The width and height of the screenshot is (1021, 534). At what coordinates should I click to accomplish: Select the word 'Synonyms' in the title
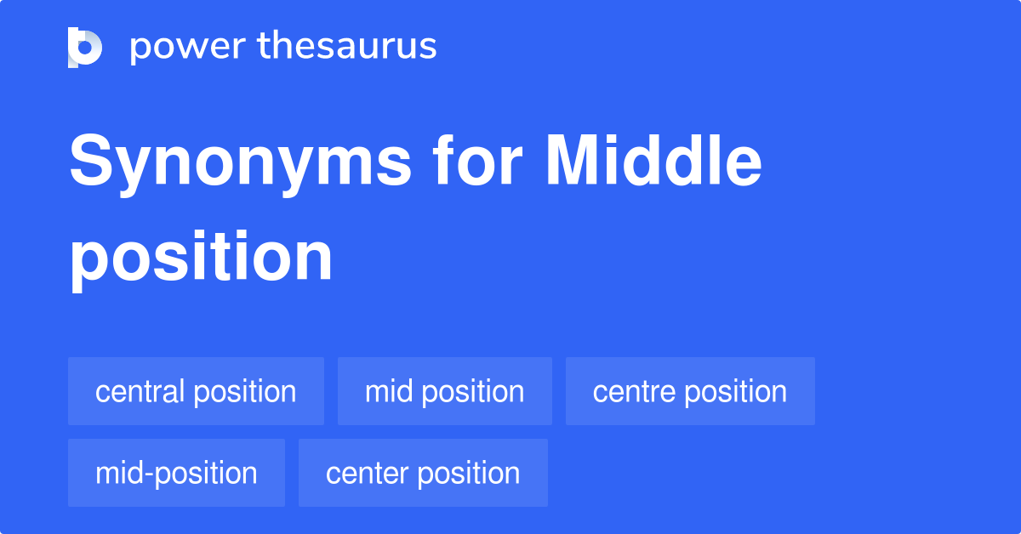241,164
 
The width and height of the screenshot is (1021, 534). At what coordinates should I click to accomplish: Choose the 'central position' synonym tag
196,391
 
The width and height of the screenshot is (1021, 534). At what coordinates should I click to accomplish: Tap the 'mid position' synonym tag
444,391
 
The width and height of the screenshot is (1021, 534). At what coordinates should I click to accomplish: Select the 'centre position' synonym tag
690,391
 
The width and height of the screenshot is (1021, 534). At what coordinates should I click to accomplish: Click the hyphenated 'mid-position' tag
176,473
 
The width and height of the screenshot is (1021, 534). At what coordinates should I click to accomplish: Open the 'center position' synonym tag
423,473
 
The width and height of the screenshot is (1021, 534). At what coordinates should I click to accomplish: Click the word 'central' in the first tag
140,391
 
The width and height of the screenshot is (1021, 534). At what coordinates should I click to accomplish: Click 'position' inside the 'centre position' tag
736,392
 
